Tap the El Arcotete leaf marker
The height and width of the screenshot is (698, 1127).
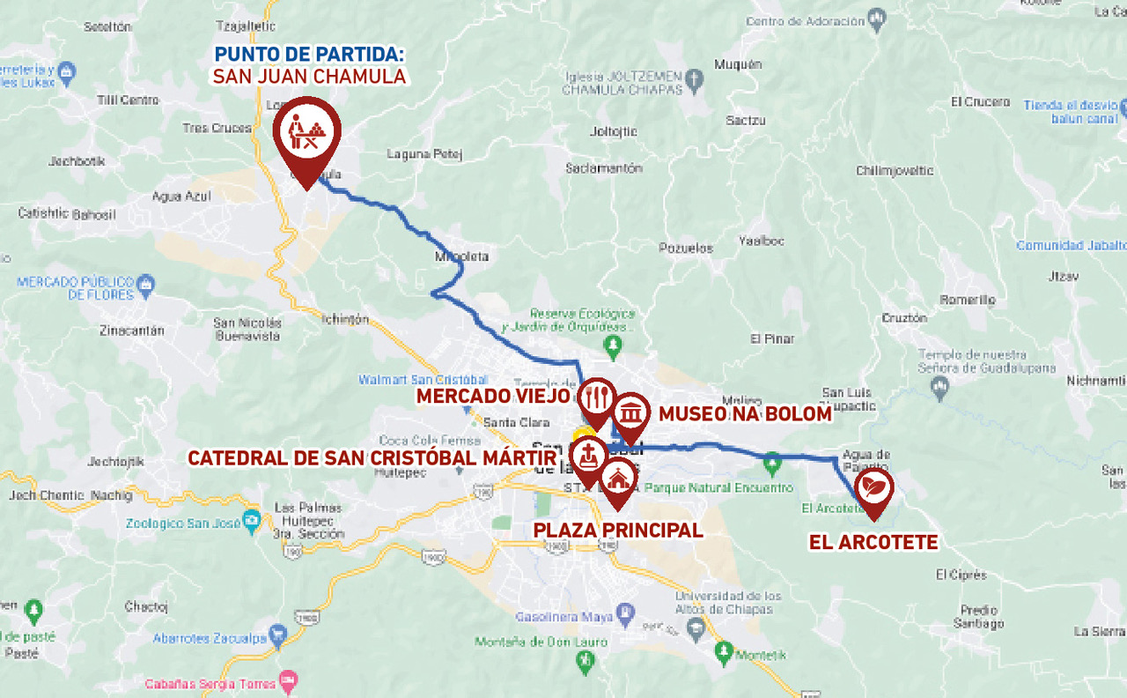point(873,487)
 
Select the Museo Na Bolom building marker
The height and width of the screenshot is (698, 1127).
point(631,412)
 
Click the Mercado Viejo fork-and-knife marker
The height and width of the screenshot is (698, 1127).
point(597,398)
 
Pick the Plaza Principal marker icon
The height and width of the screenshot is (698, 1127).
point(619,479)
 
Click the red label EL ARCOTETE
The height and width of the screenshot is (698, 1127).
point(873,543)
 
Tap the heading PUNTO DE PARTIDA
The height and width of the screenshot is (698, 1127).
point(309,54)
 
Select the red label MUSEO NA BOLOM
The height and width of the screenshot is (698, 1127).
point(745,414)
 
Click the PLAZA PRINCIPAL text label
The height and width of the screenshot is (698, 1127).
point(618,531)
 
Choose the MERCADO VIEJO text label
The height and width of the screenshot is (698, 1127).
point(494,397)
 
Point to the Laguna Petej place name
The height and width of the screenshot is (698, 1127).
point(424,154)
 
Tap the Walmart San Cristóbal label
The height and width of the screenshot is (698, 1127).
point(423,380)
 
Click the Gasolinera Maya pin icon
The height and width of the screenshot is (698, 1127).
point(625,611)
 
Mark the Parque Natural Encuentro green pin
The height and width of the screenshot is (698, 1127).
point(772,461)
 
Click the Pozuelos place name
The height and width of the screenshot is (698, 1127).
point(686,249)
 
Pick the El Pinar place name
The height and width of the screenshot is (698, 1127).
point(772,338)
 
